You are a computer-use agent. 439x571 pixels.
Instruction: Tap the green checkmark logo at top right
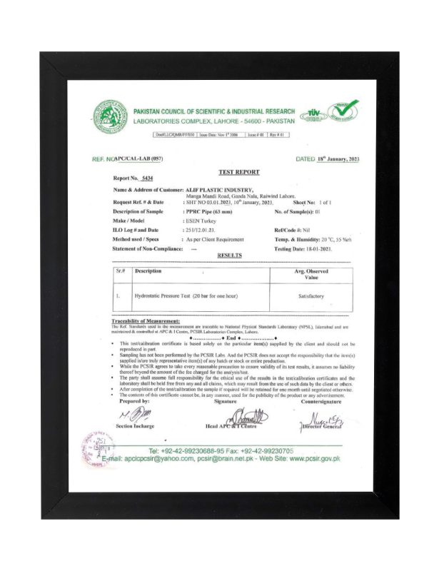coord(342,112)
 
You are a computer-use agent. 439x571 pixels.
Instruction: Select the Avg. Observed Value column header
coord(311,274)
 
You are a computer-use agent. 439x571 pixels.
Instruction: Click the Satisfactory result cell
coord(311,295)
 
